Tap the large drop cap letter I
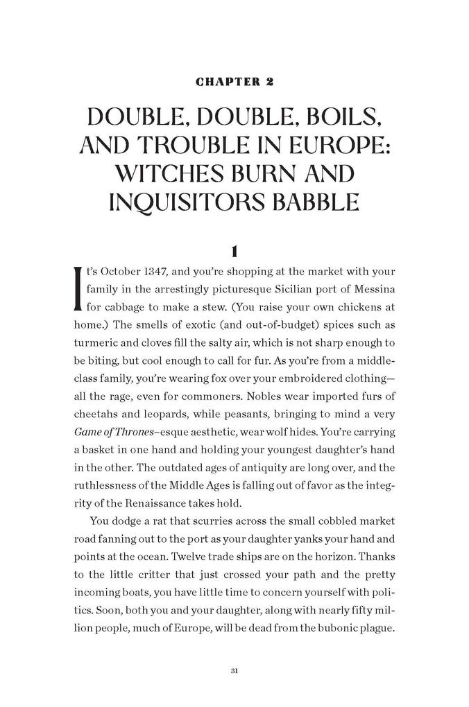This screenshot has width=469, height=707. (x=77, y=286)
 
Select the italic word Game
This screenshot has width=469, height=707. (x=86, y=432)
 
